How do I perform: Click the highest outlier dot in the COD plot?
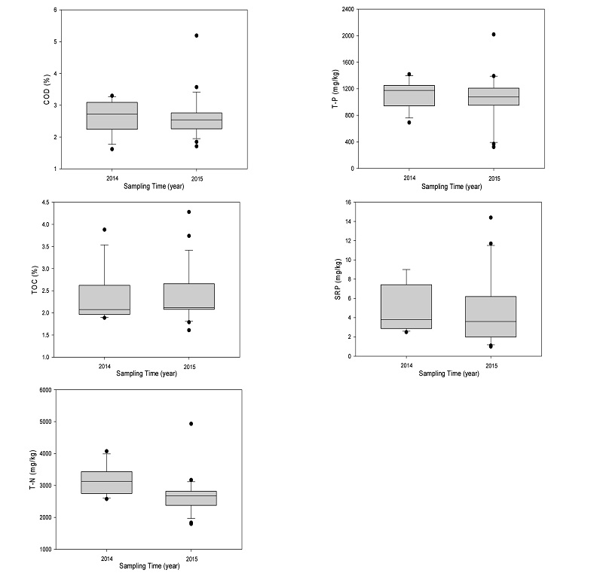[197, 35]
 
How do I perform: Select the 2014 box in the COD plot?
[112, 116]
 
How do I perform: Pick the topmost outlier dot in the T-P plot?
[494, 34]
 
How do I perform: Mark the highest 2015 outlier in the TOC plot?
[188, 212]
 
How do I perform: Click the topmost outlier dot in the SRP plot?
[491, 218]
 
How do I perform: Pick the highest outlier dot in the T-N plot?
[191, 424]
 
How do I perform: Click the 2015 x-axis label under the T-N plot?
[191, 558]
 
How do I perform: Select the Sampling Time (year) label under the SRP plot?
[450, 373]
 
